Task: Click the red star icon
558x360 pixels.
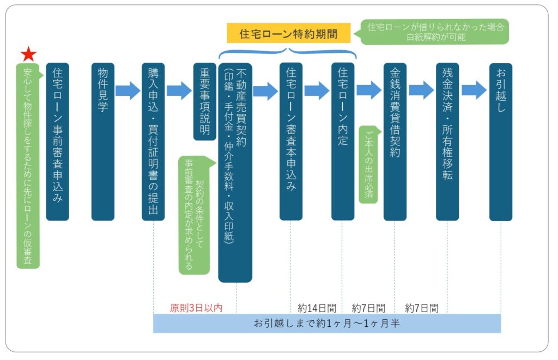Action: (28, 54)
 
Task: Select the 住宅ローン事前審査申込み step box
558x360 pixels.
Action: (57, 142)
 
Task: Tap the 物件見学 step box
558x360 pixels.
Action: (102, 142)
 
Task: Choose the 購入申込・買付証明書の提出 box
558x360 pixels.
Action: (153, 142)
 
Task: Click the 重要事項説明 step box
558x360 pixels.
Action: (205, 101)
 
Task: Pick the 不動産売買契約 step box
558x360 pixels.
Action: (235, 172)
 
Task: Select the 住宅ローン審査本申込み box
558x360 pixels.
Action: (291, 142)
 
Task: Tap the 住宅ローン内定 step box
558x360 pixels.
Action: (343, 142)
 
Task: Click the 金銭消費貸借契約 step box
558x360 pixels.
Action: (395, 142)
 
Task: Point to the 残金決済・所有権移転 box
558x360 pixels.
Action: (447, 142)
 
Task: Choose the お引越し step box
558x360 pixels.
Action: (501, 142)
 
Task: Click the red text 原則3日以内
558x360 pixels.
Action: (196, 308)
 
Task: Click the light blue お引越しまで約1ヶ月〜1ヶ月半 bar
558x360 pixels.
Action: (327, 323)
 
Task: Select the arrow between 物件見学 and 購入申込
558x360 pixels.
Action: (128, 90)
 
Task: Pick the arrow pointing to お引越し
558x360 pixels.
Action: (474, 90)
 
